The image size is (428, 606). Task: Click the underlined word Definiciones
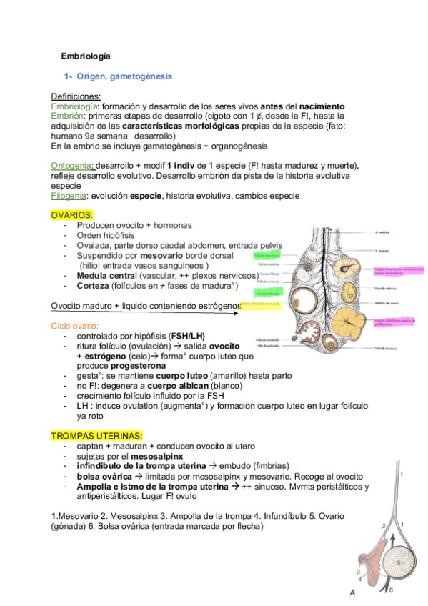click(76, 96)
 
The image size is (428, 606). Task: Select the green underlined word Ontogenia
click(72, 165)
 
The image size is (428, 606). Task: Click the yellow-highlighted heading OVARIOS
click(72, 215)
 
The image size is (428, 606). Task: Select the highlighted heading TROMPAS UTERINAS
click(96, 435)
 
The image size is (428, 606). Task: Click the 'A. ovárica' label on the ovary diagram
click(383, 232)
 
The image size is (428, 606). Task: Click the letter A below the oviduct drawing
click(352, 592)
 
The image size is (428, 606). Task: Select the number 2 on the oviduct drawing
click(383, 526)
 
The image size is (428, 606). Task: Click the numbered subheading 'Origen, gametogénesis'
click(124, 75)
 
